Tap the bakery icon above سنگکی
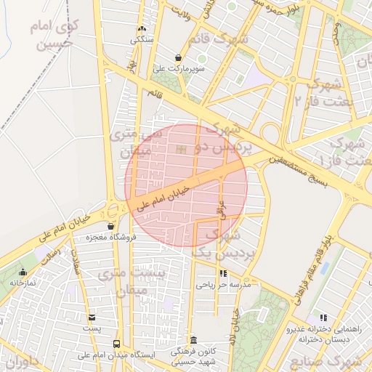pyautogui.click(x=141, y=28)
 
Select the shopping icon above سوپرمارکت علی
pyautogui.click(x=179, y=57)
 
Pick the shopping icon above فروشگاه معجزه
pyautogui.click(x=110, y=226)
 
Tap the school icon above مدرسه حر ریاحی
pyautogui.click(x=222, y=274)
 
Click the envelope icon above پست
pyautogui.click(x=92, y=318)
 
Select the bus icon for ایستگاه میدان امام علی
pyautogui.click(x=116, y=343)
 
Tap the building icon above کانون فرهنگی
pyautogui.click(x=193, y=340)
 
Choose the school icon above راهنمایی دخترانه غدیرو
pyautogui.click(x=323, y=318)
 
